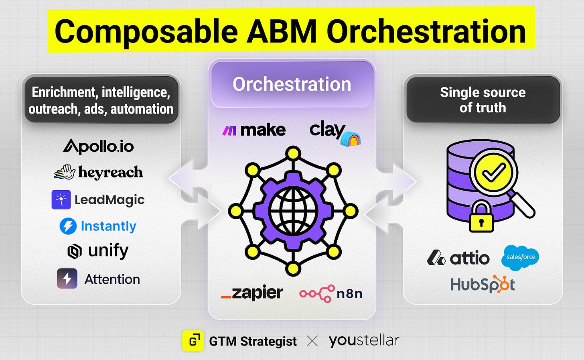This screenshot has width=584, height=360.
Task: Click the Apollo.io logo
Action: pos(98,146)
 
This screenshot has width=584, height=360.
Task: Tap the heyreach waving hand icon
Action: pos(65,172)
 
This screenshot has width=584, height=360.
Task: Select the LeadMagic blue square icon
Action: pos(61,199)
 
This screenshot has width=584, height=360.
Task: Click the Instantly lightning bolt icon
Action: pos(68,226)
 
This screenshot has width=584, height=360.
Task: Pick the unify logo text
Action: pos(108,251)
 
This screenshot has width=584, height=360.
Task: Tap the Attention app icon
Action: pos(67,279)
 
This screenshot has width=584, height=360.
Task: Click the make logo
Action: pos(254,130)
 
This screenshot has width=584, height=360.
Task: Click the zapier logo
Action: pos(252,293)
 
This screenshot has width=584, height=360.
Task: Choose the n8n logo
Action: pos(331,293)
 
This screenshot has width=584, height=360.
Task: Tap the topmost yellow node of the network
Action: pos(293,153)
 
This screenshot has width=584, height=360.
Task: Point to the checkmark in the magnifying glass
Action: pos(493,173)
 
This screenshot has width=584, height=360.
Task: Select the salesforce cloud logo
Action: pos(520,257)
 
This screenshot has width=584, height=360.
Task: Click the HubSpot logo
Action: pos(483,284)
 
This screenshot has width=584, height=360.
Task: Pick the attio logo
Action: pos(458,258)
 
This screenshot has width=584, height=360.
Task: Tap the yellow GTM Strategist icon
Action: pos(193,341)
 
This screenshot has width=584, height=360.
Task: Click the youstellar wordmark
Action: pos(364,340)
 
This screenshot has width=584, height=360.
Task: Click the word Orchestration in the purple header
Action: pos(292,84)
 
